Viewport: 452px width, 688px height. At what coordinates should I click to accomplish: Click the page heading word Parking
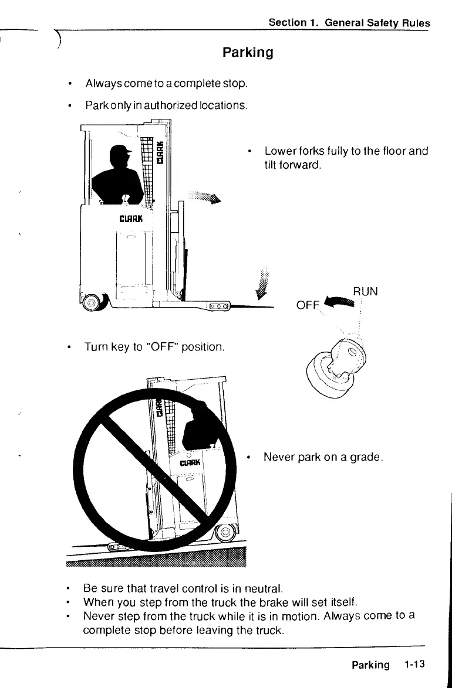(248, 53)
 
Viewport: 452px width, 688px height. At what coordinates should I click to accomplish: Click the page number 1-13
(414, 664)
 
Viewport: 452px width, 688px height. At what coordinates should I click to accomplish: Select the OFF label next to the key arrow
(307, 306)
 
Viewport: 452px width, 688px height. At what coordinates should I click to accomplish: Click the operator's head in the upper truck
(121, 157)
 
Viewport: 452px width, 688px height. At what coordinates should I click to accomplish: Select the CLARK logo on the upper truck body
(128, 220)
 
